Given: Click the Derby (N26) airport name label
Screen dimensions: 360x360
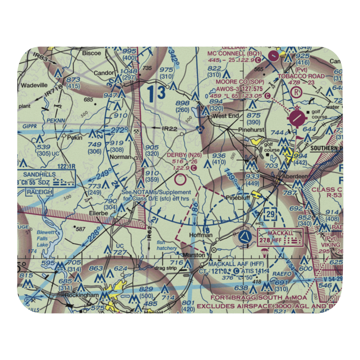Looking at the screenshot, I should pyautogui.click(x=184, y=155).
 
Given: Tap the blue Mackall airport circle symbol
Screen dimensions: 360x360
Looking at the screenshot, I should pyautogui.click(x=244, y=237).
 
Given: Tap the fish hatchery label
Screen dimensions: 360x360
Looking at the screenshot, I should pyautogui.click(x=167, y=246).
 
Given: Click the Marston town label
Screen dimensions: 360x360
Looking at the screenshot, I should pyautogui.click(x=194, y=255).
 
